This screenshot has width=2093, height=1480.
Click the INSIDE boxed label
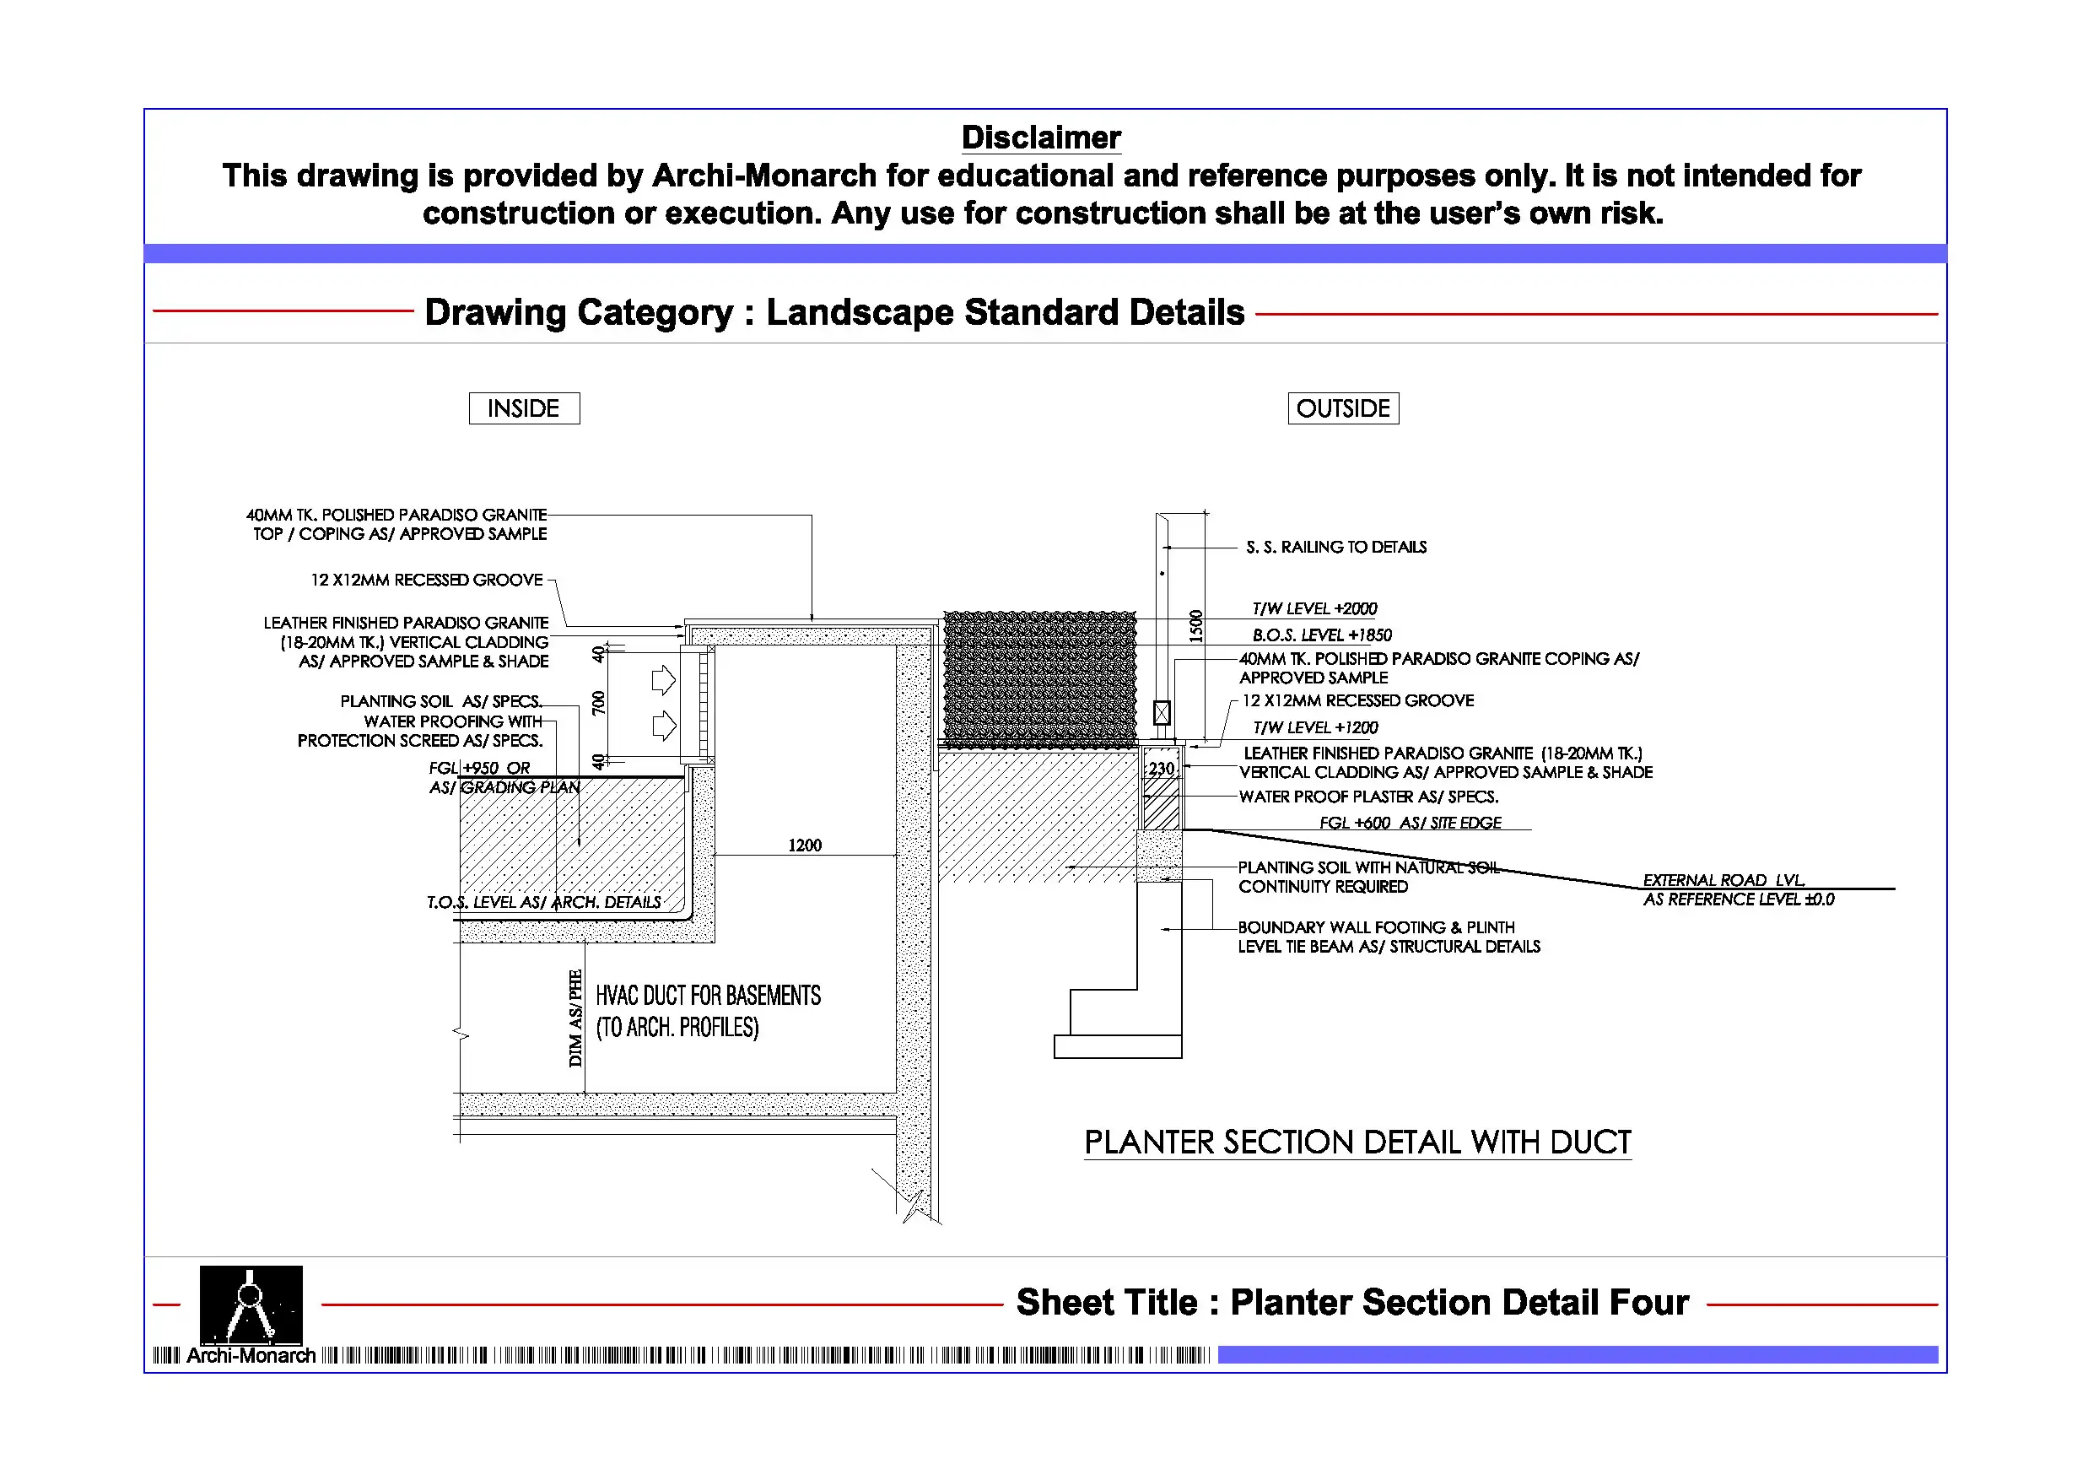pos(524,408)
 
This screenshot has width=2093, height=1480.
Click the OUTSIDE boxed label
pos(1343,408)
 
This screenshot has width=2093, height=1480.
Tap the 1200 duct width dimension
pos(804,845)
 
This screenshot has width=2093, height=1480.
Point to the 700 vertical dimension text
pos(599,703)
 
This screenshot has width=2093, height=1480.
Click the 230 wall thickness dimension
pos(1162,769)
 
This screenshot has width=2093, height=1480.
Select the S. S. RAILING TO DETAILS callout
pos(1335,547)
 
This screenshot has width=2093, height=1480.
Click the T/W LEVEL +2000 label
pos(1314,608)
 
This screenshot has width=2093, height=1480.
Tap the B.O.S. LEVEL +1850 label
pos(1321,635)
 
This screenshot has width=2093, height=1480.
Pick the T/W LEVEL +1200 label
pos(1314,727)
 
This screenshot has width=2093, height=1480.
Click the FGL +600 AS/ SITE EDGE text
pos(1410,823)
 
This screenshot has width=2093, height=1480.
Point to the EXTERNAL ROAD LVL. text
pos(1723,880)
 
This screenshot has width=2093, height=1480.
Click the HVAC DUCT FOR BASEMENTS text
pos(708,996)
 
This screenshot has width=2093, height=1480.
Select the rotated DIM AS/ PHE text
pos(575,1018)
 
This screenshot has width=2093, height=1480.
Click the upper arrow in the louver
pos(664,680)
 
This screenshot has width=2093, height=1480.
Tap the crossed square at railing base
pos(1162,712)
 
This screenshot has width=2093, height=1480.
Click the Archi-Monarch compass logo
pos(251,1305)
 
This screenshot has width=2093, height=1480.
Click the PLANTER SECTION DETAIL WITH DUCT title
pos(1357,1142)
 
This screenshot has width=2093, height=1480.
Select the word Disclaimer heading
pos(1040,138)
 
